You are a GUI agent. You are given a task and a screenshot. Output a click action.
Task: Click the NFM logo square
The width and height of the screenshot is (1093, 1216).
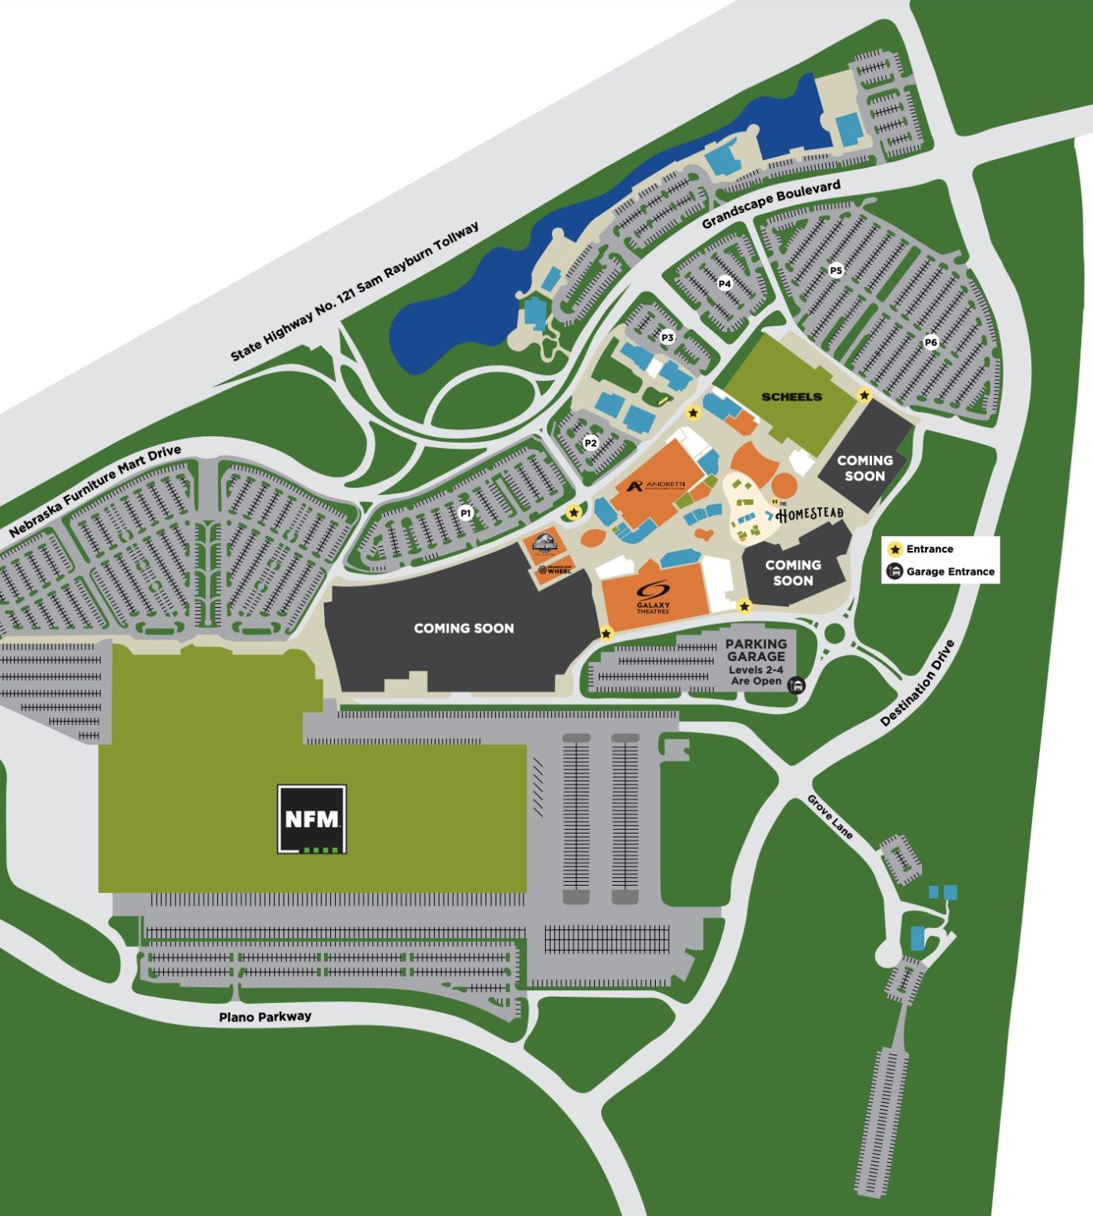pyautogui.click(x=311, y=819)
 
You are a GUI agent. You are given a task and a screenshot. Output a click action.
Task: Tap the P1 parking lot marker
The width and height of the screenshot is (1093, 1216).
pyautogui.click(x=466, y=513)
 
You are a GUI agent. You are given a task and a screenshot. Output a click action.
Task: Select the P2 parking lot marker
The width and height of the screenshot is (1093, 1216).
pyautogui.click(x=590, y=443)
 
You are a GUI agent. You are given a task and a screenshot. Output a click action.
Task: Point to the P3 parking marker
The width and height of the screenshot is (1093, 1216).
pyautogui.click(x=667, y=337)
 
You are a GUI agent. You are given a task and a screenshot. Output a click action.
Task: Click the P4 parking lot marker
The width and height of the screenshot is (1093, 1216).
pyautogui.click(x=724, y=283)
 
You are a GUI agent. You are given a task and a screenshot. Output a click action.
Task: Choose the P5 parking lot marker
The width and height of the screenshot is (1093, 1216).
pyautogui.click(x=836, y=270)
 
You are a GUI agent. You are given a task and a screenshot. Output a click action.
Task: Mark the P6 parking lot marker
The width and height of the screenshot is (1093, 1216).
pyautogui.click(x=931, y=342)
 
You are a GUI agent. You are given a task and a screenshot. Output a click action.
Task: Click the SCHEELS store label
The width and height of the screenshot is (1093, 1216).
pyautogui.click(x=791, y=397)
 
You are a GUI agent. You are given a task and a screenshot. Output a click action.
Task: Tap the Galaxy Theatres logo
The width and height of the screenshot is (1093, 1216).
pyautogui.click(x=653, y=596)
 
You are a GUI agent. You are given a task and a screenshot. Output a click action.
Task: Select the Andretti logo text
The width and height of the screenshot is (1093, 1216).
pyautogui.click(x=656, y=485)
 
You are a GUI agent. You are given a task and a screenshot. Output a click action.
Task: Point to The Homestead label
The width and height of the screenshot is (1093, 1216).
pyautogui.click(x=809, y=515)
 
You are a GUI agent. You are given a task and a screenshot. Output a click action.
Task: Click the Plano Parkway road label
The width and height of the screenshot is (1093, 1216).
pyautogui.click(x=265, y=1016)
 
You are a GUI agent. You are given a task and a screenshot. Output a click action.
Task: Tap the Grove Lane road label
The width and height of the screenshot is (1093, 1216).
pyautogui.click(x=830, y=816)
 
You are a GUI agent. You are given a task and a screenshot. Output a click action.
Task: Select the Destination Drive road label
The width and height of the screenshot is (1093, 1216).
pyautogui.click(x=918, y=682)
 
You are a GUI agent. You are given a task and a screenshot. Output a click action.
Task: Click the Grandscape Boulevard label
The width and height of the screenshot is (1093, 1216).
pyautogui.click(x=771, y=204)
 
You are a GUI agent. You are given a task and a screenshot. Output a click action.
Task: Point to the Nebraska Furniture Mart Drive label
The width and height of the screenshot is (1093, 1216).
pyautogui.click(x=95, y=491)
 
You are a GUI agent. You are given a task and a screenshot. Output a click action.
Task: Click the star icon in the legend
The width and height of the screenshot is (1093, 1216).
pyautogui.click(x=895, y=549)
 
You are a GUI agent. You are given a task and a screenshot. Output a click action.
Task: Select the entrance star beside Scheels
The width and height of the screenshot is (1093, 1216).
pyautogui.click(x=864, y=394)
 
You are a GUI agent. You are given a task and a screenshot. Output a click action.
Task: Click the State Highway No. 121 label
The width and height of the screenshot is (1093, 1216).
pyautogui.click(x=354, y=292)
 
